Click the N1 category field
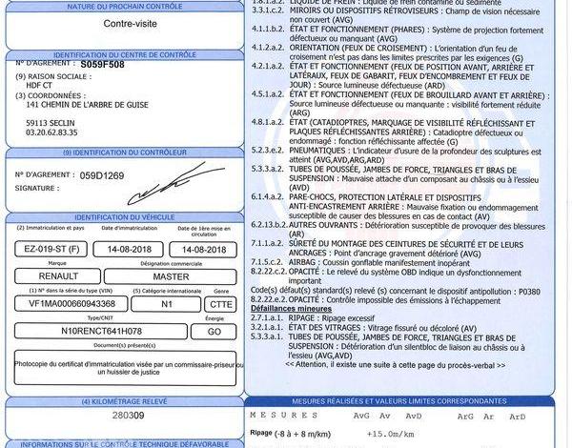[x=167, y=303]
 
